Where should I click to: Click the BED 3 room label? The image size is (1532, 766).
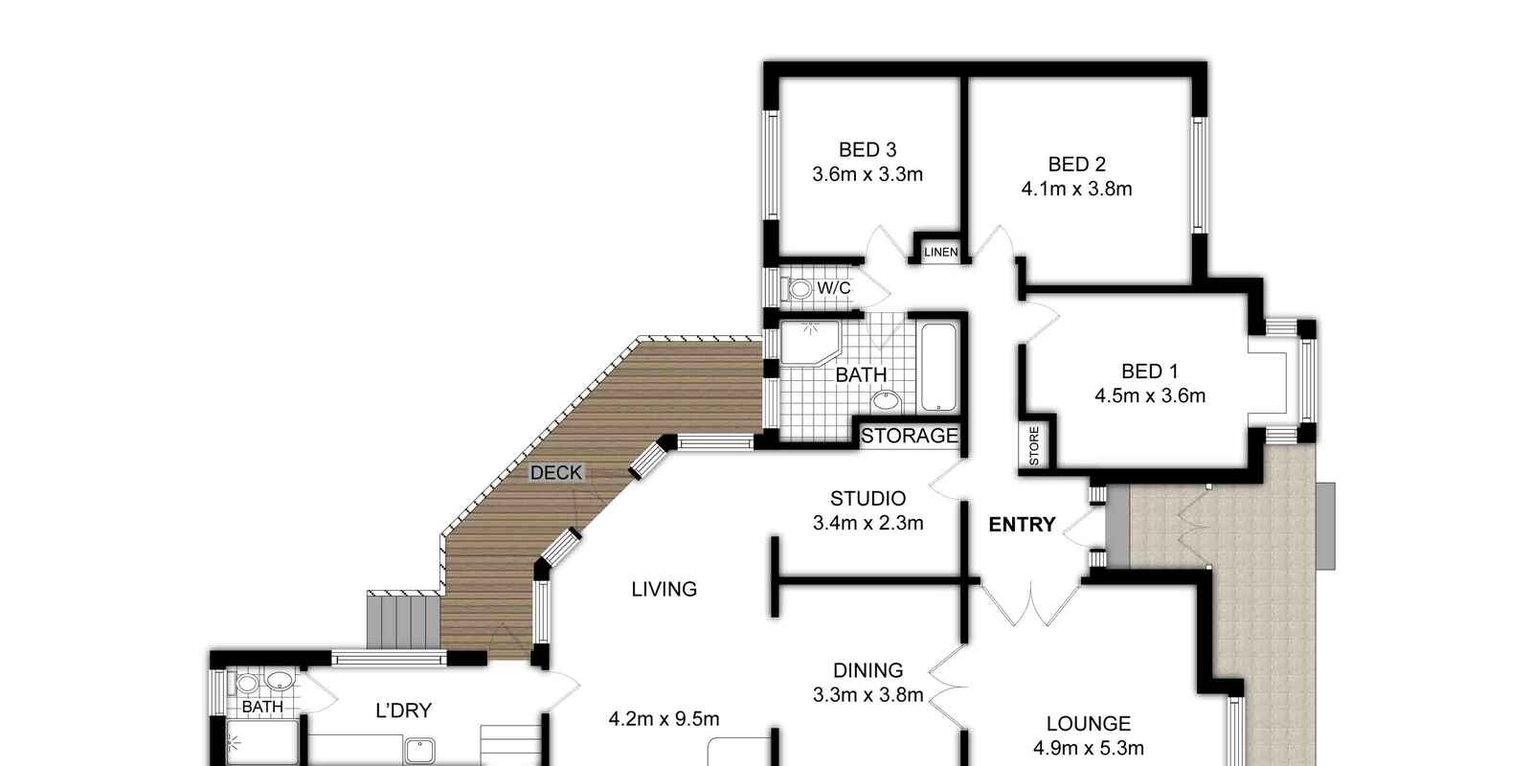point(867,149)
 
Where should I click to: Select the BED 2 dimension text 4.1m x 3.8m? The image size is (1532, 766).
point(1076,189)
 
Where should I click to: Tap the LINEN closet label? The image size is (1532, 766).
point(941,253)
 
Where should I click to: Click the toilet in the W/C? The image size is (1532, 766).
point(798,288)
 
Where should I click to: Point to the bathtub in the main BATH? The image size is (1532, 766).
point(938,368)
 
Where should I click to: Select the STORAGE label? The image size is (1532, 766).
point(910,436)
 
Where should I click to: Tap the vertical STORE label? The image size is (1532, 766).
point(1034,446)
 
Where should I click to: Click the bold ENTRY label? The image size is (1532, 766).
point(1023,525)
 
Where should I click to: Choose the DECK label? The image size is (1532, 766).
point(556,473)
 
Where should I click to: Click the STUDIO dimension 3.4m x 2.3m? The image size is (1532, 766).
point(867,523)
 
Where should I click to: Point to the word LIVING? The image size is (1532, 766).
point(665,589)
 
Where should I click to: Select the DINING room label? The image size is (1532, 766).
point(867,670)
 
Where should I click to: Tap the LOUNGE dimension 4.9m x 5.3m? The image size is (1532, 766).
point(1088,748)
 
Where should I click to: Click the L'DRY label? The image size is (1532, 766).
point(403,710)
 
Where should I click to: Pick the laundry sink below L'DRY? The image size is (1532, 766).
point(419,751)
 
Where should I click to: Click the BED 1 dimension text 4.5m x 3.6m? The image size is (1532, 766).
point(1150,396)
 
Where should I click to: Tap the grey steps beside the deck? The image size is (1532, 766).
point(403,621)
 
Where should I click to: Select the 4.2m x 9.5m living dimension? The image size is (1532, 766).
point(664,719)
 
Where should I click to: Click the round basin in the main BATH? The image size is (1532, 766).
point(886,401)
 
